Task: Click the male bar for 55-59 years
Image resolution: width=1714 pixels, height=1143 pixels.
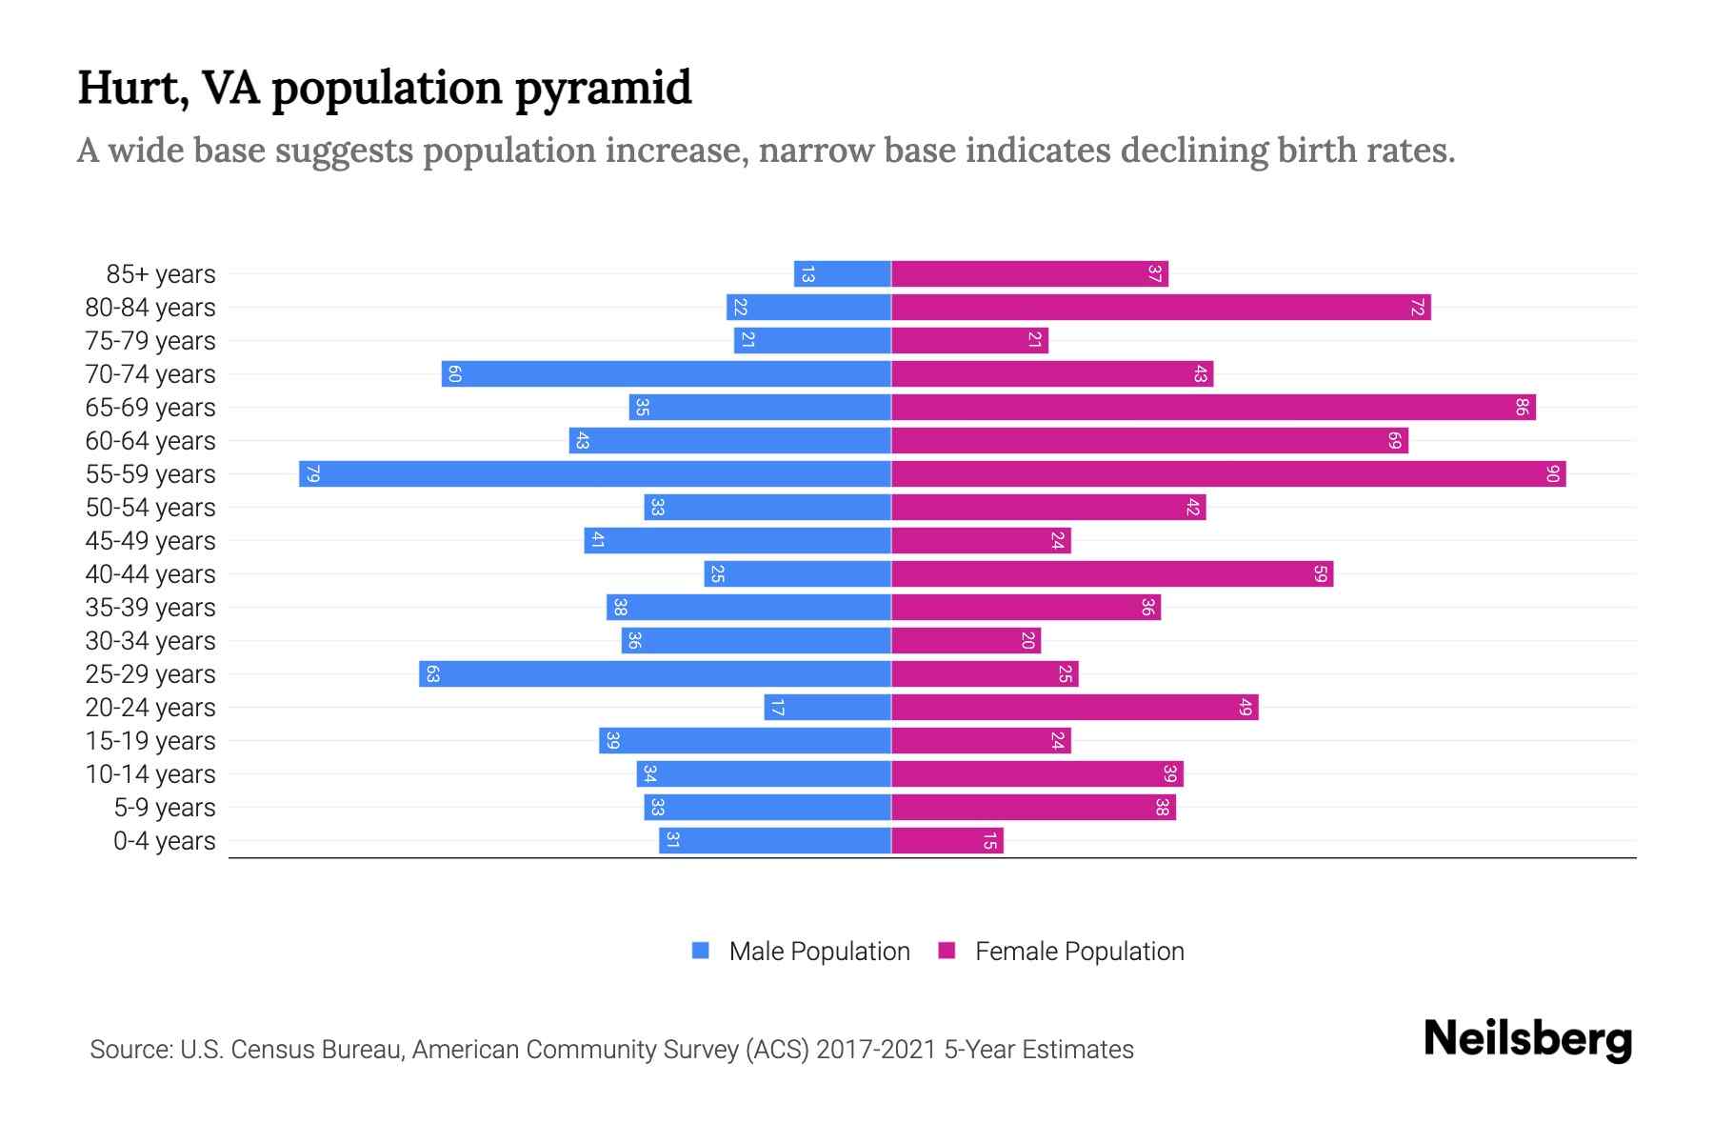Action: coord(595,473)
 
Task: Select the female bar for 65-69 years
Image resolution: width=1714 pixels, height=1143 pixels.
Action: coord(1213,407)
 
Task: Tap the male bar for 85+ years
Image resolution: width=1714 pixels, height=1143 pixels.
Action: coord(843,274)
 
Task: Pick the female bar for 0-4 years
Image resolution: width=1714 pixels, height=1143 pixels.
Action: coord(947,841)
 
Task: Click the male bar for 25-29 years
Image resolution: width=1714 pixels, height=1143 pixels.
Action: coord(655,674)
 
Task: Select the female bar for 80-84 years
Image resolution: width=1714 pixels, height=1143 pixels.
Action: coord(1161,308)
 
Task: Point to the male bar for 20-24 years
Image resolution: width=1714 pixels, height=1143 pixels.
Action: coord(827,708)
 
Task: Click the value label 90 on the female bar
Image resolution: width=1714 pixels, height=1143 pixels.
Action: coord(1552,473)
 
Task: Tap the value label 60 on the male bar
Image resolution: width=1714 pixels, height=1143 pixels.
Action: coord(454,374)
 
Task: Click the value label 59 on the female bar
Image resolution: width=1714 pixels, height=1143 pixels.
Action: coord(1320,574)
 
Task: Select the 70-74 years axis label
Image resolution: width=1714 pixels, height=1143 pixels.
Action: coord(150,374)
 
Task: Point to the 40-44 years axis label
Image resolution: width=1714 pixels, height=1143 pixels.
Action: coord(150,574)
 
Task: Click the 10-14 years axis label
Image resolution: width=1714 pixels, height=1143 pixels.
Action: coord(150,774)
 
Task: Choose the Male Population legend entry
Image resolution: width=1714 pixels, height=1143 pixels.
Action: coord(819,952)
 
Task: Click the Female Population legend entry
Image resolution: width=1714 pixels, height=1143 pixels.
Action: coord(1079,952)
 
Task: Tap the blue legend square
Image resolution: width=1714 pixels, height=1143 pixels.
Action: coord(701,951)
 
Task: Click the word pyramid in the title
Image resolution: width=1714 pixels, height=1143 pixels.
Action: coord(603,88)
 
